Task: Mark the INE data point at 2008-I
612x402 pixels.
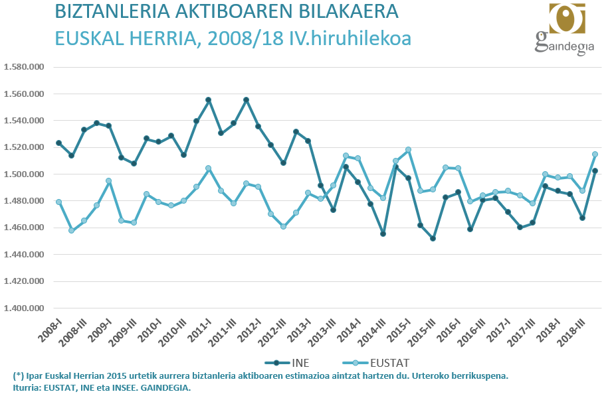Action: (59, 143)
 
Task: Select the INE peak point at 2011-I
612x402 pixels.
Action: (209, 100)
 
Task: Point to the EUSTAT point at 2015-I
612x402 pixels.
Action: (408, 150)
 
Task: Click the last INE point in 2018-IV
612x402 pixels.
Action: (595, 170)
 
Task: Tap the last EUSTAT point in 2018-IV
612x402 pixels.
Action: (595, 154)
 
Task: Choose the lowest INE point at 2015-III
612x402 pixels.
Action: (433, 238)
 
